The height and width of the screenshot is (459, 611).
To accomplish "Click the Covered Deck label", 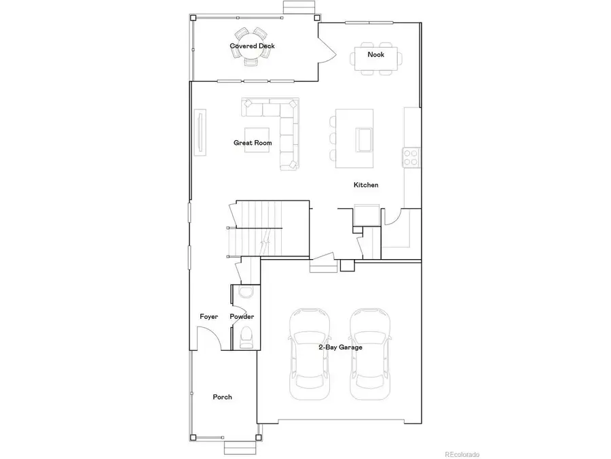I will pos(252,46).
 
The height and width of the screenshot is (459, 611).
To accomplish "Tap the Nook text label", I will pos(375,54).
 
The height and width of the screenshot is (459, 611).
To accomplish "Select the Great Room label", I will pos(253,143).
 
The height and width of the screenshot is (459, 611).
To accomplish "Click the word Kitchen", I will pos(366,185).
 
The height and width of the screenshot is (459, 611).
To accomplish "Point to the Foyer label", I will pos(208,317).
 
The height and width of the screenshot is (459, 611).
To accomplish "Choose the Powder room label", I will pos(242,317).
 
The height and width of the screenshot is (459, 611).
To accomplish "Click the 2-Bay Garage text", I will pos(340,347).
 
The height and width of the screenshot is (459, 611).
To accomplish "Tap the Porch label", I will pos(222,397).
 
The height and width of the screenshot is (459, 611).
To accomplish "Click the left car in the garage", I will pos(310,354).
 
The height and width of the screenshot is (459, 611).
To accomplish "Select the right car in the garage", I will pos(371,354).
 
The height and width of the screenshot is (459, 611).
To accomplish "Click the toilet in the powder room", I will pos(246,336).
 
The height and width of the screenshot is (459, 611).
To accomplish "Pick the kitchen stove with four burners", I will pos(411,156).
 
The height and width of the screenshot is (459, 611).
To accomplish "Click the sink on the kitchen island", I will pos(363,139).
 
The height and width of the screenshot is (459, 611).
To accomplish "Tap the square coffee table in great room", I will pos(257,141).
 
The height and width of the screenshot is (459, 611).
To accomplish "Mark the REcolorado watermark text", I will pos(462,454).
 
